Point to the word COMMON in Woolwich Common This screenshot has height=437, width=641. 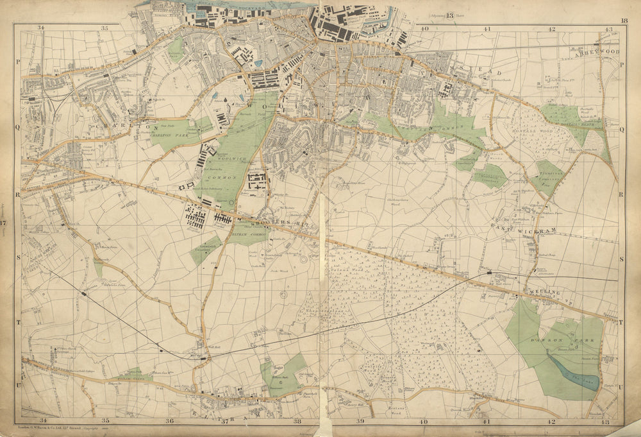tap(222, 176)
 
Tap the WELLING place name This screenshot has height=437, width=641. tap(545, 293)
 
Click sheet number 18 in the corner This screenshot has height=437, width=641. tap(624, 21)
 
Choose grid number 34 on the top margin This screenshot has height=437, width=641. tap(41, 28)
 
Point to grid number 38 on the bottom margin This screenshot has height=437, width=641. tap(297, 422)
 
